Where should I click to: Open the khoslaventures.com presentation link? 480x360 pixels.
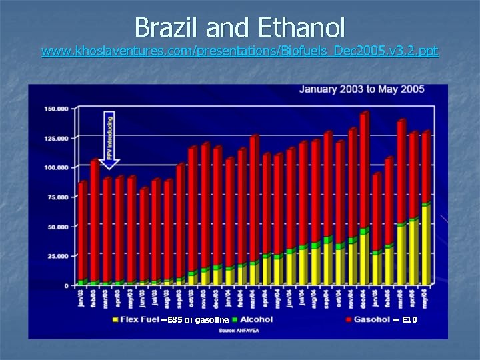240,51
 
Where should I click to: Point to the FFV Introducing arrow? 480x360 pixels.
110,140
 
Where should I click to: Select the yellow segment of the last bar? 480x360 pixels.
425,245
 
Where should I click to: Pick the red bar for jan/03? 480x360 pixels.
82,230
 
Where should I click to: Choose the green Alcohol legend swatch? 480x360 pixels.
235,320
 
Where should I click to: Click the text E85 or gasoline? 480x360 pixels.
199,321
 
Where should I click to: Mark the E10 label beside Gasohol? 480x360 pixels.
409,321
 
